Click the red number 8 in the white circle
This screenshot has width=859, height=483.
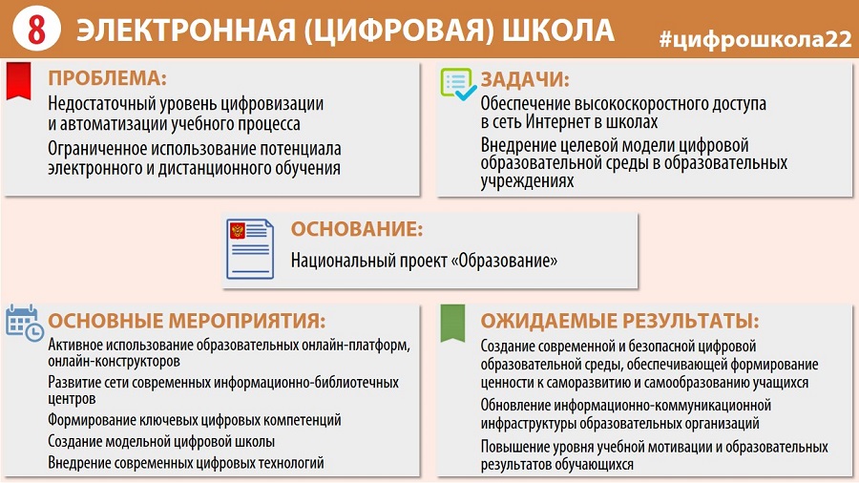[x=36, y=29]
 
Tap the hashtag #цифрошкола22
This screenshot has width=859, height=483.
[x=756, y=39]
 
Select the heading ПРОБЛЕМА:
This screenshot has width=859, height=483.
[x=107, y=77]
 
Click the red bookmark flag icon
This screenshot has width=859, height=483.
[x=18, y=81]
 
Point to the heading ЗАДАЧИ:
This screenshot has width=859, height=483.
[x=525, y=79]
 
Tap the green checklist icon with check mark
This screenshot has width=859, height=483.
[x=458, y=84]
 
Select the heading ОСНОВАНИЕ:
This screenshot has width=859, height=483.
[x=357, y=229]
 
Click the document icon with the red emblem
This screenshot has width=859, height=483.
[x=250, y=249]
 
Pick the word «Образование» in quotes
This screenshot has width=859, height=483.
[x=504, y=261]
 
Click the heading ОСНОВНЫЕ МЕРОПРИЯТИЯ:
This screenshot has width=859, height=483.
[x=187, y=321]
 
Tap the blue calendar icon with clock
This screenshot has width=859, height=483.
[x=24, y=323]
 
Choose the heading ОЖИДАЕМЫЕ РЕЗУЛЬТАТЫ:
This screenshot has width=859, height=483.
[x=620, y=321]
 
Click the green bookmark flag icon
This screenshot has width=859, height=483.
[x=452, y=323]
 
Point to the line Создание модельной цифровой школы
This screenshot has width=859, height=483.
[x=161, y=441]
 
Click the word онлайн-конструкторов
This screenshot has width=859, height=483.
[x=114, y=362]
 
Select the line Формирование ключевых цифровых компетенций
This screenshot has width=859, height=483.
[x=195, y=420]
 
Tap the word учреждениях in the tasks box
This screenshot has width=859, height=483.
[x=527, y=181]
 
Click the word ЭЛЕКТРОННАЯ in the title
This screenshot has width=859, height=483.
[x=186, y=31]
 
